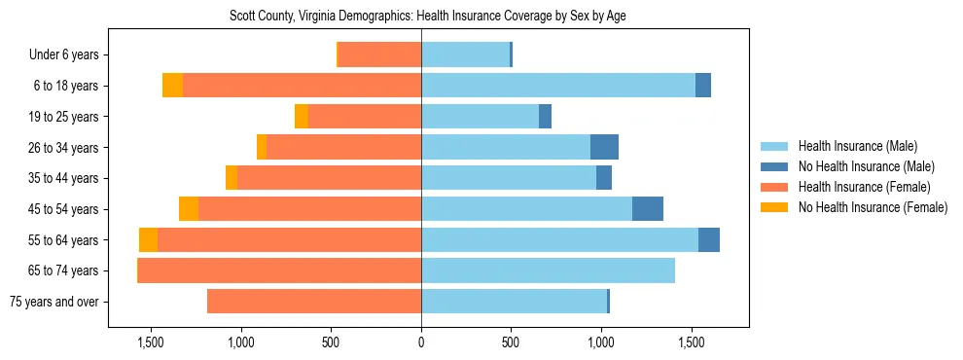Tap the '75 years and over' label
pos(53,302)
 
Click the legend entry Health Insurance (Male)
pos(858,146)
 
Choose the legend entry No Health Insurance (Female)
pos(872,207)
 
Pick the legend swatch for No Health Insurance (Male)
pos(774,166)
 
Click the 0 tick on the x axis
pos(421,342)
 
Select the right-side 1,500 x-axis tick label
pos(692,342)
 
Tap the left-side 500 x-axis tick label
pos(331,342)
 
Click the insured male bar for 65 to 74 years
pos(548,270)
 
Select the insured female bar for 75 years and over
pos(314,302)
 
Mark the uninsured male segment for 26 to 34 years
pos(604,147)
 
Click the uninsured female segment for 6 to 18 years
pos(172,86)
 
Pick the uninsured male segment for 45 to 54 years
pos(647,209)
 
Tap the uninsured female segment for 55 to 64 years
pos(148,240)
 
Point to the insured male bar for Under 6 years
pos(465,55)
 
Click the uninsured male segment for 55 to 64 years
pos(708,240)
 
